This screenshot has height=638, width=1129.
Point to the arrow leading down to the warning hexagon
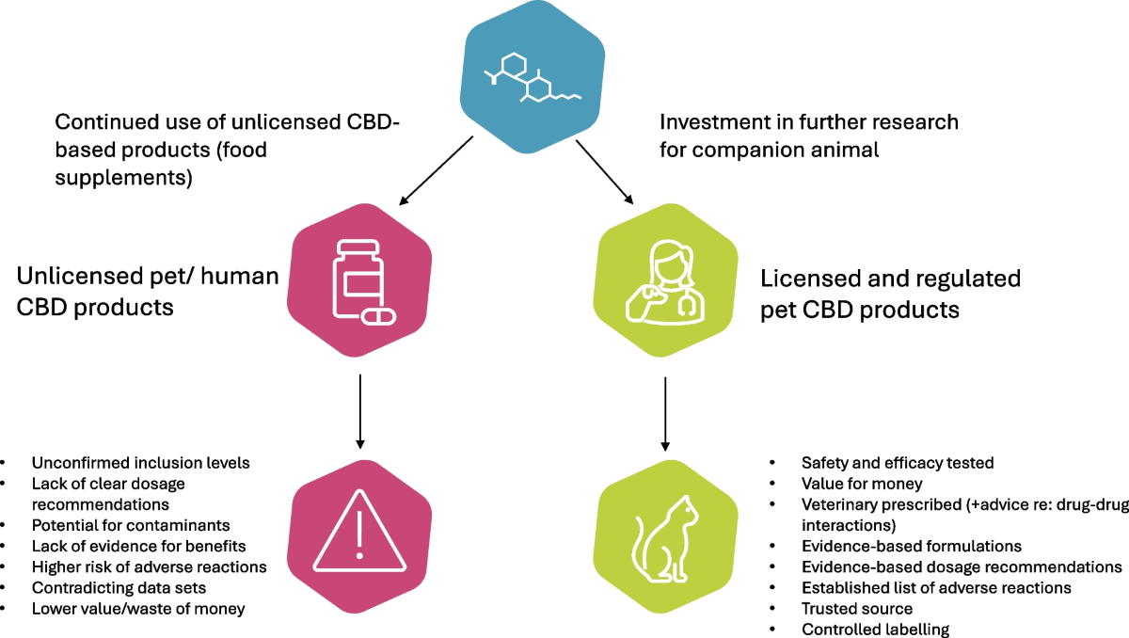tap(359, 409)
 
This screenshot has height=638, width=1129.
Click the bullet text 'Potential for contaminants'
tap(130, 524)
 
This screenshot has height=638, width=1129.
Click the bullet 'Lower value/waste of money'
tap(137, 608)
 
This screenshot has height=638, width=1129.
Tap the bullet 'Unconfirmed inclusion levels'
tap(140, 462)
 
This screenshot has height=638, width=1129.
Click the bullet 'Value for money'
tap(862, 483)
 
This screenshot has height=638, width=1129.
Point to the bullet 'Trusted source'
tap(856, 608)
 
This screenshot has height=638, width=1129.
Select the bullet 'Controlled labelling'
tap(875, 629)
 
